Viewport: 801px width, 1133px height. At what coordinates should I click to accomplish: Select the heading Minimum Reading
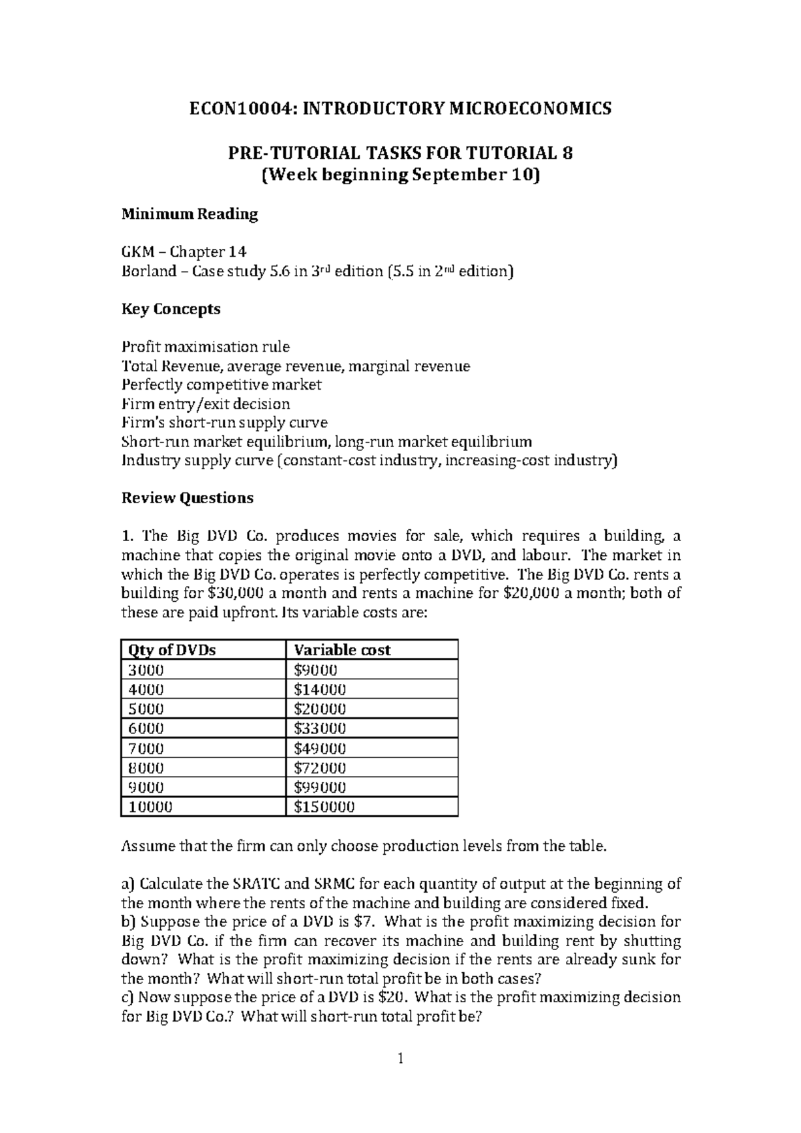click(189, 214)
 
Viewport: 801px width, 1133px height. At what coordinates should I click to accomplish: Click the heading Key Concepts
click(170, 309)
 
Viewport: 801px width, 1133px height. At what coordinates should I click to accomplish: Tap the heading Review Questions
click(187, 498)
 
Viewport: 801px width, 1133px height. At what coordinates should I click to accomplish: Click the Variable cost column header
click(342, 649)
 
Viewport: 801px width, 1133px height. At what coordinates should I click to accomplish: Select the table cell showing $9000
click(316, 669)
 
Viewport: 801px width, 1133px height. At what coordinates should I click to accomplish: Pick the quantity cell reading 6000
click(146, 728)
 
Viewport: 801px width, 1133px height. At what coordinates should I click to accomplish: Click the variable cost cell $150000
click(324, 806)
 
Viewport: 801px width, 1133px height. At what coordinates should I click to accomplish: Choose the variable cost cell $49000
click(320, 748)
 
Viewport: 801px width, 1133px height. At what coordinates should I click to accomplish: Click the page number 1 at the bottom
click(400, 1058)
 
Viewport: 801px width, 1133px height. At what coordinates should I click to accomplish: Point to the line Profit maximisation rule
click(205, 346)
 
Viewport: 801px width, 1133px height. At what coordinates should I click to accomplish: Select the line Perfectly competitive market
click(222, 384)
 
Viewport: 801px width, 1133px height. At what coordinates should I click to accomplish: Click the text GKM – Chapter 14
click(184, 252)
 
